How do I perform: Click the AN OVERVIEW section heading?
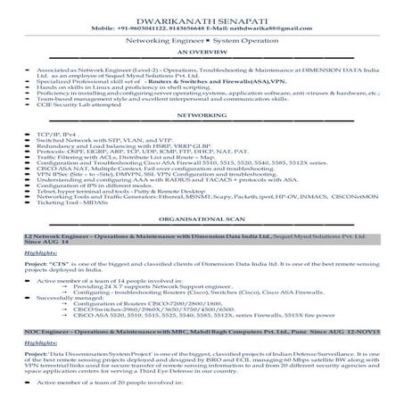(202, 52)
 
